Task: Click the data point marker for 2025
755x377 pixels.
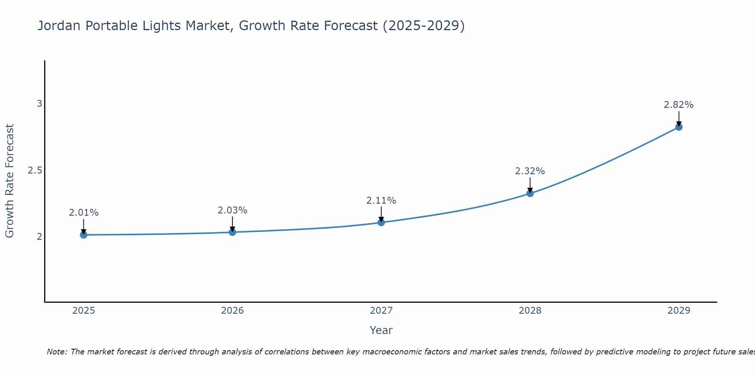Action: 83,235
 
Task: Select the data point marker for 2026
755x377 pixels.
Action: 233,232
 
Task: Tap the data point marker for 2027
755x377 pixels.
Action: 381,222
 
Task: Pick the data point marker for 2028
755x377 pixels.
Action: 530,193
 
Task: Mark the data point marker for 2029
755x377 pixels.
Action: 679,127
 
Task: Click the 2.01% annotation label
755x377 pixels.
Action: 83,213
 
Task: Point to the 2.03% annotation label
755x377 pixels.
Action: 233,210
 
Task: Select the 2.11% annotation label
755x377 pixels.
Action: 381,201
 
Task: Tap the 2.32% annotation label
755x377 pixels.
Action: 530,171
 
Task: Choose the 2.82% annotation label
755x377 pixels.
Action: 679,105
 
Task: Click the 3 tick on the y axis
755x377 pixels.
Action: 39,104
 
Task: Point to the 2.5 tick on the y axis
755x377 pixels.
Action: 35,170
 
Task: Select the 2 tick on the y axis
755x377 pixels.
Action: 39,237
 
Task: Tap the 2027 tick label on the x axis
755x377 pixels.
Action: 381,311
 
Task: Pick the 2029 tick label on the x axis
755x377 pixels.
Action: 679,311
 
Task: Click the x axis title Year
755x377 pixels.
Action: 381,330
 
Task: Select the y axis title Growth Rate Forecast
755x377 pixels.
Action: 9,181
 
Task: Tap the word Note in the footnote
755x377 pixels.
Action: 57,352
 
